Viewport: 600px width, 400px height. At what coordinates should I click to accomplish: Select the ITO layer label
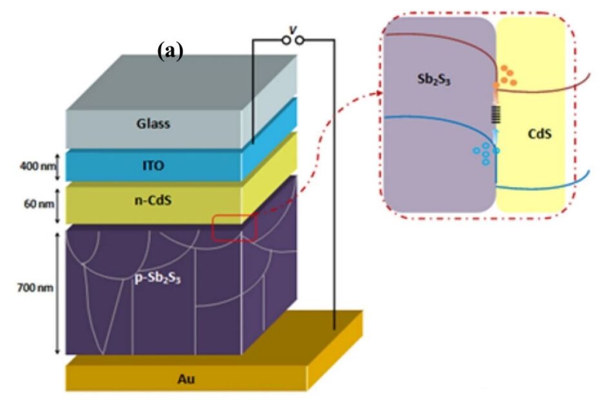[153, 166]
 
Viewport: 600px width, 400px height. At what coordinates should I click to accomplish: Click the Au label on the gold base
[186, 379]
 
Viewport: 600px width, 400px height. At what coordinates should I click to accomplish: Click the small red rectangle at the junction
[235, 228]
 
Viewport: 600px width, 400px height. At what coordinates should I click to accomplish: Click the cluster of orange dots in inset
[508, 75]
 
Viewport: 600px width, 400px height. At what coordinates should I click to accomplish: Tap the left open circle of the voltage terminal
[285, 41]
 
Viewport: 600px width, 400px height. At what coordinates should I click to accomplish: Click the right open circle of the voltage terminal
[299, 41]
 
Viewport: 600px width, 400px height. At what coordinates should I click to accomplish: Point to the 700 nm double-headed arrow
[56, 291]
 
